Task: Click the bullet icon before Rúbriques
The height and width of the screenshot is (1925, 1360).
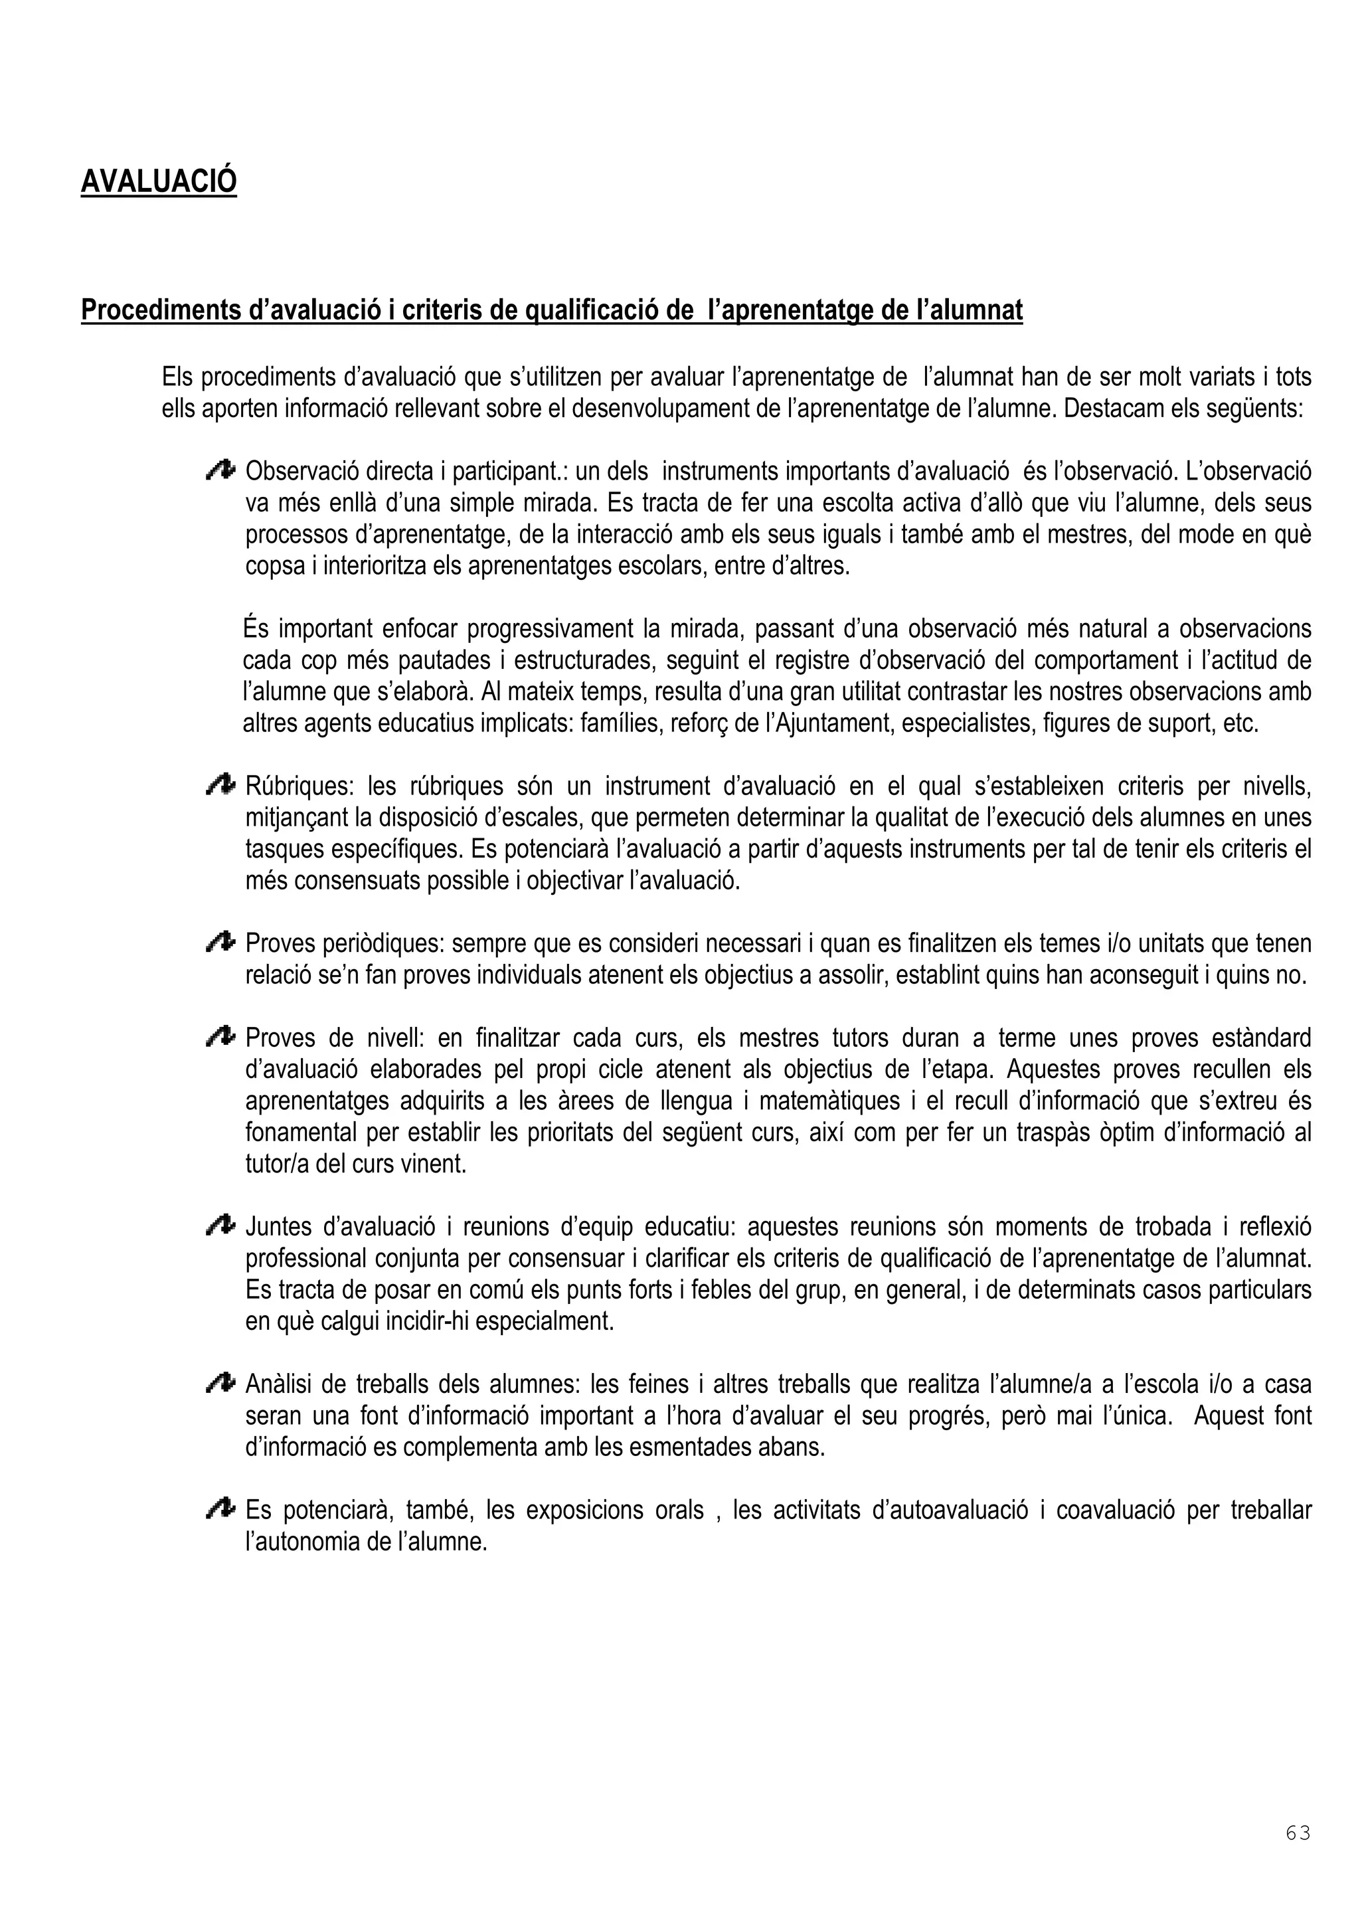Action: (x=220, y=786)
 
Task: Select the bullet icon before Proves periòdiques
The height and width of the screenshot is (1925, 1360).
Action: (x=220, y=943)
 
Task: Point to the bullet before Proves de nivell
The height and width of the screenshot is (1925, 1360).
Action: (x=220, y=1038)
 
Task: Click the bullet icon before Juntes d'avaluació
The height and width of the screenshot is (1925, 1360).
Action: (x=220, y=1227)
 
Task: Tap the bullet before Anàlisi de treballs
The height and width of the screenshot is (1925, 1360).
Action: (x=220, y=1384)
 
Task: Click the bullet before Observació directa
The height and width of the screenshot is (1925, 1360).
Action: (x=220, y=471)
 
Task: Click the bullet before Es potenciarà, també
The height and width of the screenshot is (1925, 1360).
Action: (x=220, y=1509)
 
